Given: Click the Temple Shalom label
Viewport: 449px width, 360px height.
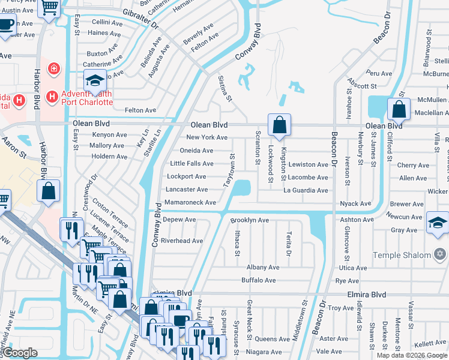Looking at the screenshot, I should [x=402, y=255].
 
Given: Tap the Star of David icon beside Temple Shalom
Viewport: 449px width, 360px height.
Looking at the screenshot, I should [x=439, y=255].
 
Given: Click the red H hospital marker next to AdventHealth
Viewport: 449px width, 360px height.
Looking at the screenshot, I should [x=52, y=96].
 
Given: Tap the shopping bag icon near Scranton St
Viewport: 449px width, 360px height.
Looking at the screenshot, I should [x=279, y=125].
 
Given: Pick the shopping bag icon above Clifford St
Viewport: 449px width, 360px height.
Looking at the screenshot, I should [x=399, y=109].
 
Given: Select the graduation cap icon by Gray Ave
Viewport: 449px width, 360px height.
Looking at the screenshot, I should [x=437, y=224].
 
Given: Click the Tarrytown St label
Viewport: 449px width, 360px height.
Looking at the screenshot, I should [x=229, y=170].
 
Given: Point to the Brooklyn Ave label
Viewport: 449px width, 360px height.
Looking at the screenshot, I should [x=249, y=220].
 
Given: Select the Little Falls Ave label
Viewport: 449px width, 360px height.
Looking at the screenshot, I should [x=191, y=163].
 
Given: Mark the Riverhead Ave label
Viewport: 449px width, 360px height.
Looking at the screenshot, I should [x=182, y=241].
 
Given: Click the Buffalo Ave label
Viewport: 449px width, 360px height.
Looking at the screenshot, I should [x=258, y=280].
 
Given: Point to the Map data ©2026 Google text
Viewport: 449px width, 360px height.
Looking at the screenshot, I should [x=412, y=355].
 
